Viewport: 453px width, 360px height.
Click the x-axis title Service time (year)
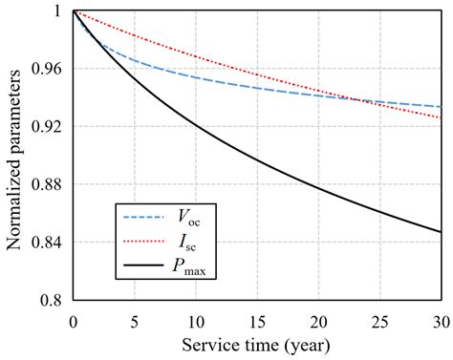tap(258, 345)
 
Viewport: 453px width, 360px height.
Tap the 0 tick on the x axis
tap(73, 319)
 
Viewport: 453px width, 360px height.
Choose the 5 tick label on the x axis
tap(135, 319)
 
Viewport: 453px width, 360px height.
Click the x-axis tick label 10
tap(196, 319)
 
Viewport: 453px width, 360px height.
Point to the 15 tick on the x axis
tap(258, 319)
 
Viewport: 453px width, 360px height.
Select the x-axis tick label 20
tap(319, 319)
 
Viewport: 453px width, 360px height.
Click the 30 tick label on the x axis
tap(440, 319)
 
